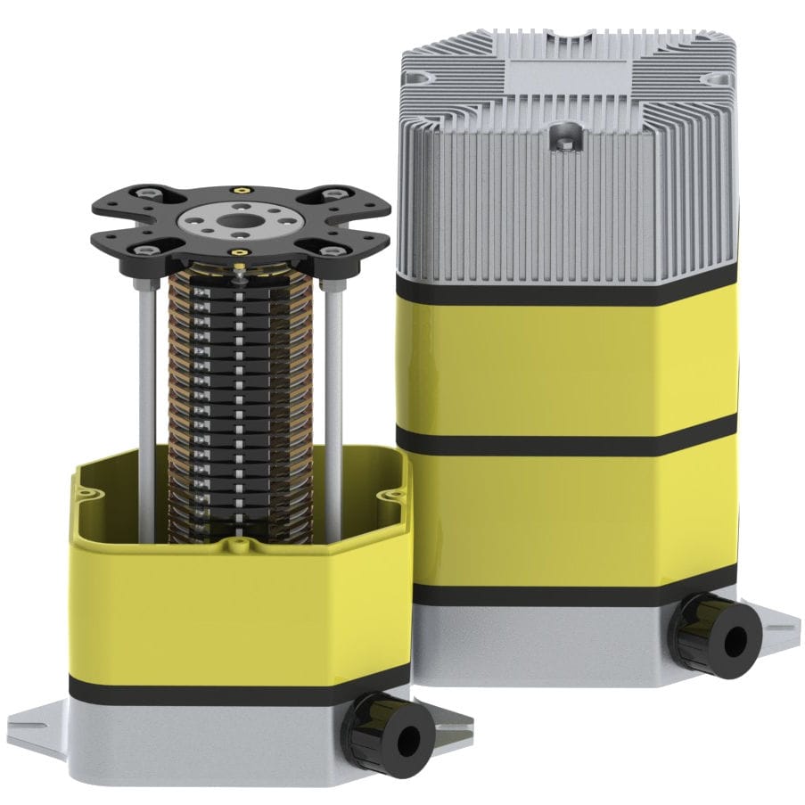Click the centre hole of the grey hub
point(237,219)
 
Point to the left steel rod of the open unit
point(146,374)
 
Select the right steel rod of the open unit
point(334,374)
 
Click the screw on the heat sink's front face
point(564,137)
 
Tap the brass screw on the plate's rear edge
point(238,189)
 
